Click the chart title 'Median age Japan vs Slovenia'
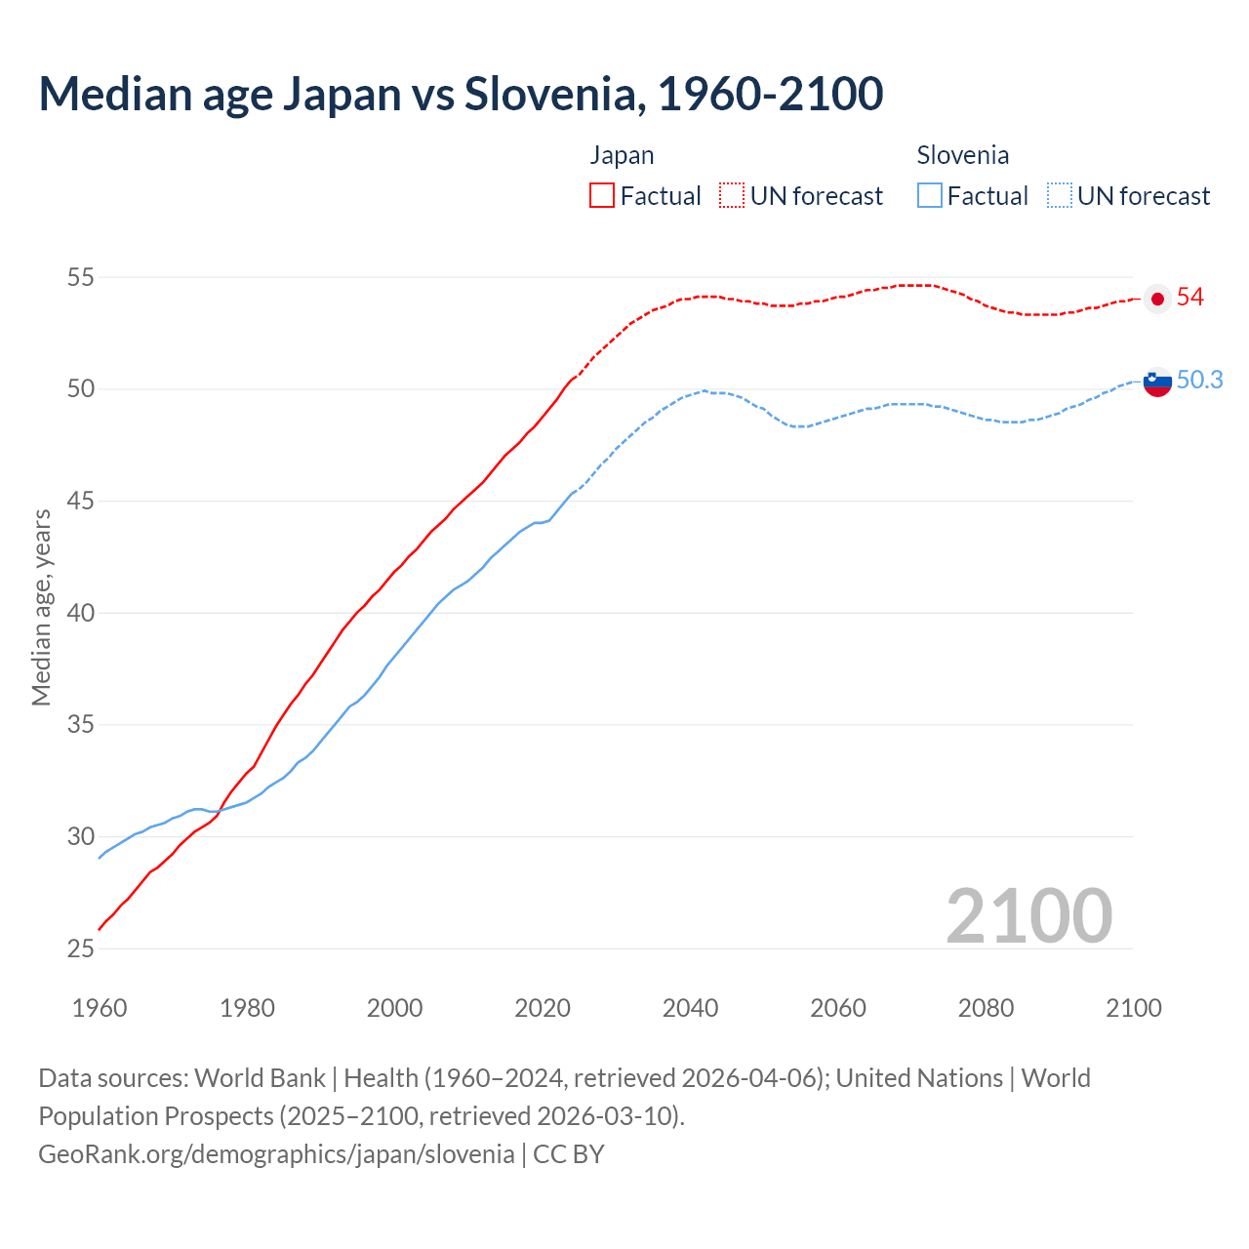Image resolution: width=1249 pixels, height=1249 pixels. [461, 94]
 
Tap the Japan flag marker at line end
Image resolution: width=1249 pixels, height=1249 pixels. [1157, 299]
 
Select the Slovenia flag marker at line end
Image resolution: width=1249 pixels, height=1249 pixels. [1157, 383]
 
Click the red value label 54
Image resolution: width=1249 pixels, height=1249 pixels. [1190, 298]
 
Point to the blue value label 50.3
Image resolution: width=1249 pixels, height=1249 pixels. [1199, 381]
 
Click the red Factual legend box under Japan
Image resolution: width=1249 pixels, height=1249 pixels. [602, 196]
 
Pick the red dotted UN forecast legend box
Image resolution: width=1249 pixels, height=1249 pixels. [732, 196]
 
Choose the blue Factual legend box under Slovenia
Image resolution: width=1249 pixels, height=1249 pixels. [930, 196]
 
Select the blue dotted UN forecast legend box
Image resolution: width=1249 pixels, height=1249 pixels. [1060, 196]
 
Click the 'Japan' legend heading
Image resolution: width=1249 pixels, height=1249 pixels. [622, 155]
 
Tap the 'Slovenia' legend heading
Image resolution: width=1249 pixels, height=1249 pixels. [962, 155]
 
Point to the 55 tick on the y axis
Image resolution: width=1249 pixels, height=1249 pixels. [80, 277]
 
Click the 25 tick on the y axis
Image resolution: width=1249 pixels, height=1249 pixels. [80, 948]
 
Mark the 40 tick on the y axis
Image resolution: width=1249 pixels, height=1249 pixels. [80, 613]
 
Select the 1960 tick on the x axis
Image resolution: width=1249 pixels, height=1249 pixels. [100, 1008]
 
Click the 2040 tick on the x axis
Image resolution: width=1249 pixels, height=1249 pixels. [690, 1008]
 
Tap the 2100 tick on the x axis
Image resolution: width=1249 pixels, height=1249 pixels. [1133, 1008]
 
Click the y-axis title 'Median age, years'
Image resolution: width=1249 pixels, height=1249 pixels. [41, 607]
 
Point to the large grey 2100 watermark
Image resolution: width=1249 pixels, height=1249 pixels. [1028, 915]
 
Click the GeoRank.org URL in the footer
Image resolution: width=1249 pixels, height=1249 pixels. [276, 1154]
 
